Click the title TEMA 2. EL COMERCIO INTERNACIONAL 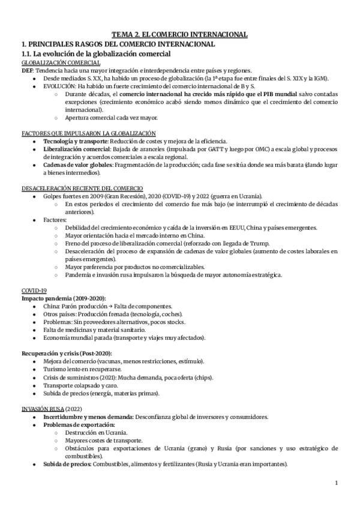[x=180, y=35]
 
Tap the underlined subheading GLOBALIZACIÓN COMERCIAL [x=61, y=63]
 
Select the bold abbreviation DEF [x=27, y=70]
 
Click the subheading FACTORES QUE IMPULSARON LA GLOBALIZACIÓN [x=88, y=133]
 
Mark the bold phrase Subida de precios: [x=68, y=464]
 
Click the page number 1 [x=337, y=483]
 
